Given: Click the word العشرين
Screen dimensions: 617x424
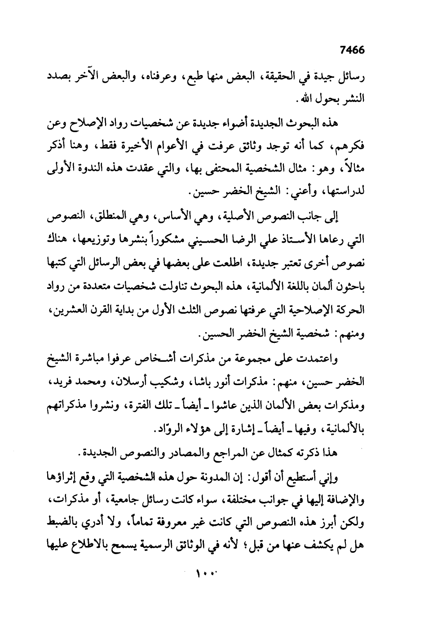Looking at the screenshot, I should pyautogui.click(x=72, y=312).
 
